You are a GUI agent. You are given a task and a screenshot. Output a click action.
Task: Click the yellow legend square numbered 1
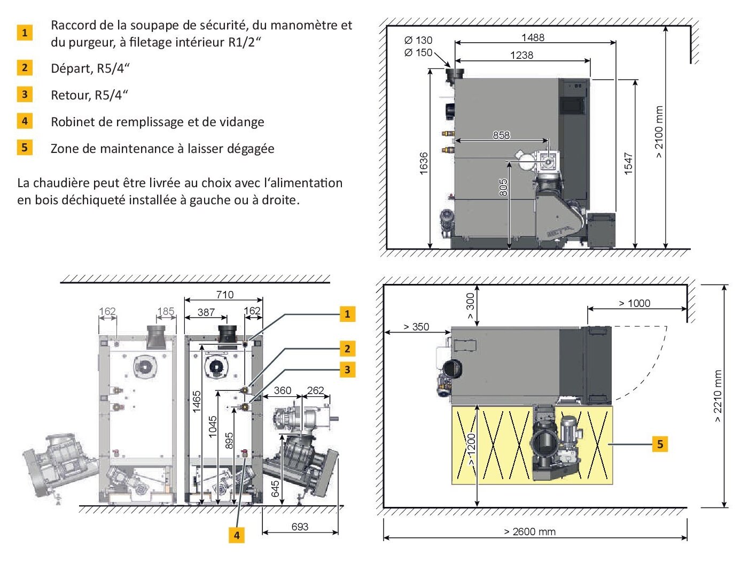[x=25, y=33]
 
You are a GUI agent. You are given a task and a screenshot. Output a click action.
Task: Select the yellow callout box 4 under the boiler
[x=236, y=535]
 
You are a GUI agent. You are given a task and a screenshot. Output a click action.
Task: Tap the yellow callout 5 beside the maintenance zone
[x=660, y=444]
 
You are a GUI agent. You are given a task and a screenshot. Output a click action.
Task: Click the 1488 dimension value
[x=533, y=37]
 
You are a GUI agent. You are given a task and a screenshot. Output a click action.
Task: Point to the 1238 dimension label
[x=521, y=55]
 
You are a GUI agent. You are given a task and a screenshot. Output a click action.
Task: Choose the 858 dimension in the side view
[x=501, y=135]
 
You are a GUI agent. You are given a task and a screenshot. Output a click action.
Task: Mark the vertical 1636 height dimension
[x=424, y=163]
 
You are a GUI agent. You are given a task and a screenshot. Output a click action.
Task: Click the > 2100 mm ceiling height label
[x=659, y=132]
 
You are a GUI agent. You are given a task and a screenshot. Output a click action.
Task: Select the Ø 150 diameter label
[x=418, y=52]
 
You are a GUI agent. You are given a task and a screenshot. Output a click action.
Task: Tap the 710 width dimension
[x=225, y=295]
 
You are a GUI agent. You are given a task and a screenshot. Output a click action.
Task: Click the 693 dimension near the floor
[x=300, y=527]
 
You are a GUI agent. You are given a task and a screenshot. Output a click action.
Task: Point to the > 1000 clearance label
[x=634, y=303]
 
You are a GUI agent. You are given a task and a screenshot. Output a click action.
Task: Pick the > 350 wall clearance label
[x=416, y=327]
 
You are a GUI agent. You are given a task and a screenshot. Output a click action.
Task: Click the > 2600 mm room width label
[x=529, y=532]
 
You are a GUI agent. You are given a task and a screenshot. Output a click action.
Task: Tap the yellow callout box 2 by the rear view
[x=347, y=349]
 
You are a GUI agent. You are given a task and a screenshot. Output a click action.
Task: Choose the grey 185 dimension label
[x=166, y=311]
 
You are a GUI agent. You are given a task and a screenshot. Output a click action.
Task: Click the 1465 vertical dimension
[x=197, y=402]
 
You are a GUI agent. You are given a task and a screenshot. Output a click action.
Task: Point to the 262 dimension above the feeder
[x=315, y=390]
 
